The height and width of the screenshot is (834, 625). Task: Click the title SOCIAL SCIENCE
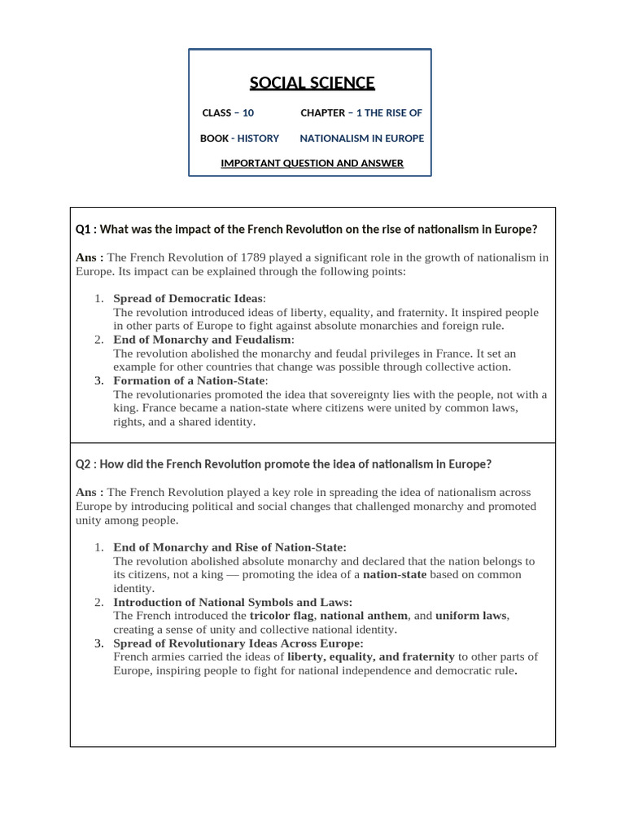[312, 83]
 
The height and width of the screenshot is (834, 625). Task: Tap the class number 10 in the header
[248, 112]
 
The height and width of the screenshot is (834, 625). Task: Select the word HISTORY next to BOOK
[258, 138]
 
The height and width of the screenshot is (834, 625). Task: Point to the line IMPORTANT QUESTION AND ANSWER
[312, 163]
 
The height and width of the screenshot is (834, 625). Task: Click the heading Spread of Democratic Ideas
[188, 299]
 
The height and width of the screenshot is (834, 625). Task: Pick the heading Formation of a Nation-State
[189, 381]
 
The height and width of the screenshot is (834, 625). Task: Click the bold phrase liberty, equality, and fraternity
[370, 656]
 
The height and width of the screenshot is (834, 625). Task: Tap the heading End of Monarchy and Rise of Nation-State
[229, 547]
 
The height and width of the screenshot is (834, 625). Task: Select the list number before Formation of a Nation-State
[98, 381]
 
